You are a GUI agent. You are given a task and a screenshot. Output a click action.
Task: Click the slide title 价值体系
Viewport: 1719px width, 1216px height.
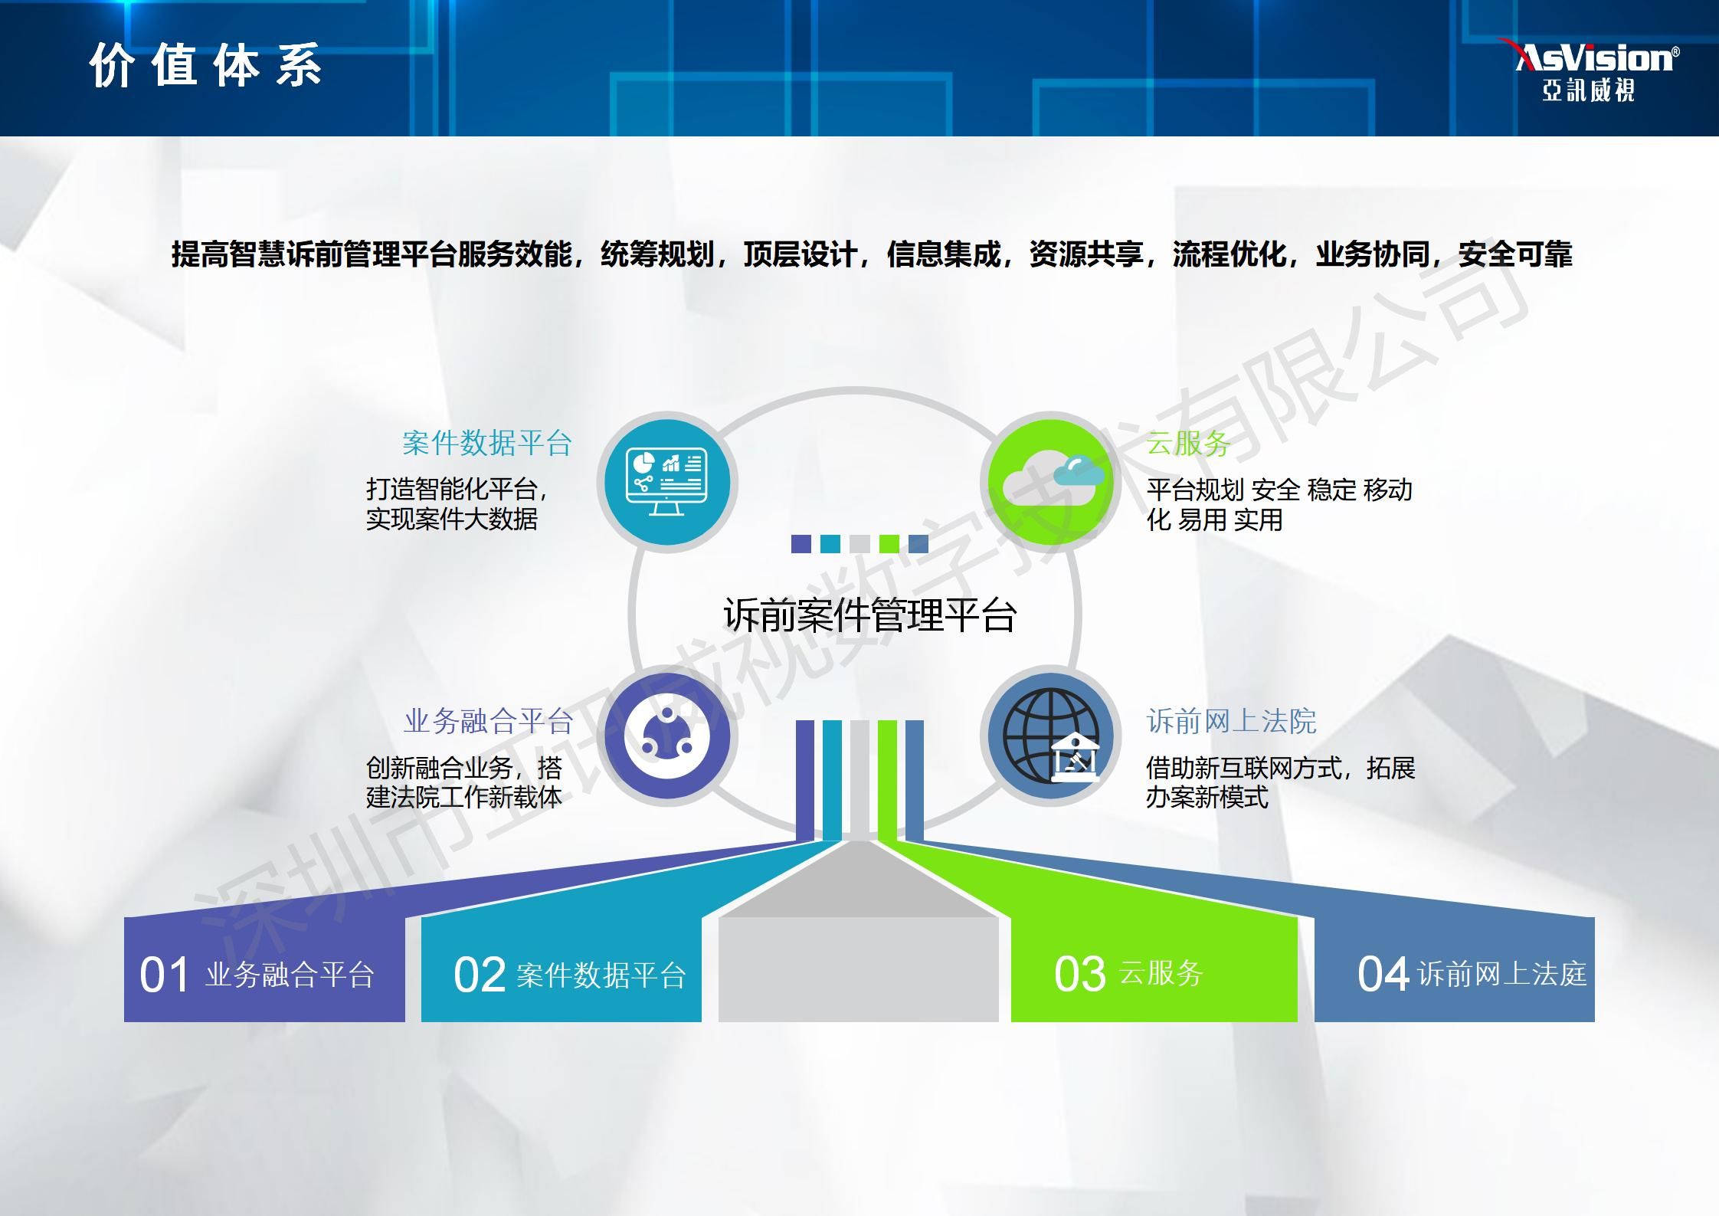[205, 66]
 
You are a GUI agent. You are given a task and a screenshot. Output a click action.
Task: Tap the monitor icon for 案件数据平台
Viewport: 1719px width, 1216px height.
[666, 482]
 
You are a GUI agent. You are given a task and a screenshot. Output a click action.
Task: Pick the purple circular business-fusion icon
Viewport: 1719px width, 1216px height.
[666, 736]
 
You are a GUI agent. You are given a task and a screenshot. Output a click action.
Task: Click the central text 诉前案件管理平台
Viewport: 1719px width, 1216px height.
[870, 615]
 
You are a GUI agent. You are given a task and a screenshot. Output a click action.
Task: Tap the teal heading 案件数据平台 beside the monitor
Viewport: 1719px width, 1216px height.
[487, 443]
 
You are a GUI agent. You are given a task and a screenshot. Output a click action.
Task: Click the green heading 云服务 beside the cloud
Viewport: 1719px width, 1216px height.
[1189, 443]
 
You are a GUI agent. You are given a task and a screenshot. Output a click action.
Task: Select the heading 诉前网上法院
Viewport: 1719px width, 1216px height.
[1231, 721]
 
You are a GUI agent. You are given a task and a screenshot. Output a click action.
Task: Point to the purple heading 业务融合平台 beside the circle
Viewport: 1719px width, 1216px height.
[489, 721]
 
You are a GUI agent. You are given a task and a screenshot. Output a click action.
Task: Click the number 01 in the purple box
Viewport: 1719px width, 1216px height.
[164, 975]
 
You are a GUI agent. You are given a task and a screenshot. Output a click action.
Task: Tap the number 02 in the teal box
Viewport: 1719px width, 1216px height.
[480, 975]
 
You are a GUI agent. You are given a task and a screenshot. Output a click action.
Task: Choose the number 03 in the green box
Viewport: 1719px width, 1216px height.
[1080, 974]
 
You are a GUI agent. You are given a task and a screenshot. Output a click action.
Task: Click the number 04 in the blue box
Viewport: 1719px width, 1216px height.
[1383, 974]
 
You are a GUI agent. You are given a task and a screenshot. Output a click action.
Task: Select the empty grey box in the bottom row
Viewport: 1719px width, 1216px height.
[859, 969]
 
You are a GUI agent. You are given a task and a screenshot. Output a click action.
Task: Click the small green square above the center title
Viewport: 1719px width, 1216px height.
[889, 543]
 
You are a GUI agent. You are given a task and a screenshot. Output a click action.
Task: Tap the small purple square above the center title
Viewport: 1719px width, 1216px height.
[801, 543]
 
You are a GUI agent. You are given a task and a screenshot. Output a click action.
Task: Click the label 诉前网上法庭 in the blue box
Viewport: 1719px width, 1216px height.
[1502, 974]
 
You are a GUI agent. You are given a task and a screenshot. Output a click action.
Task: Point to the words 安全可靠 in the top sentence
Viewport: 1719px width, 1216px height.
[1515, 254]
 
